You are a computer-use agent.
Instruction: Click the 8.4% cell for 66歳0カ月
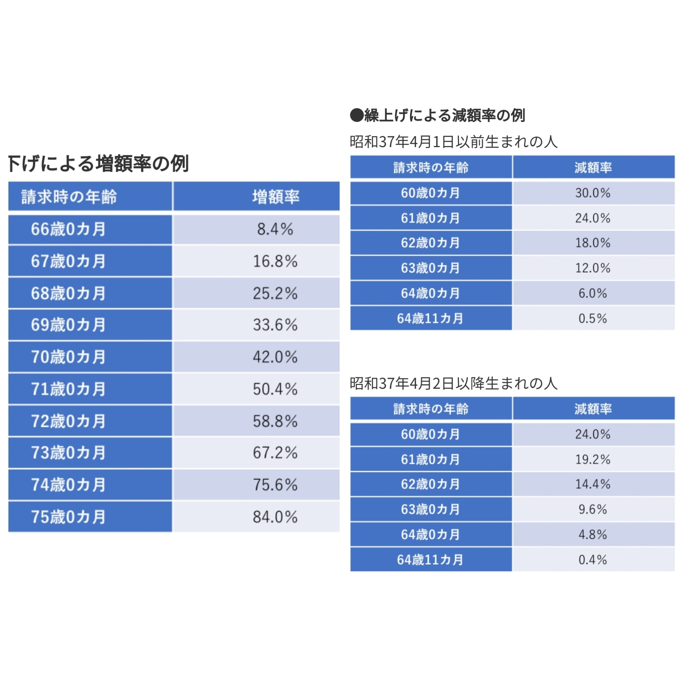pos(275,229)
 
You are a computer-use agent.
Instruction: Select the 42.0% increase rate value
pos(275,357)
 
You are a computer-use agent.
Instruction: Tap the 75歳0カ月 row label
pos(69,517)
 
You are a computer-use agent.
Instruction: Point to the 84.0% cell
pos(275,517)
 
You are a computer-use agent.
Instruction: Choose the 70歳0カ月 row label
pos(69,357)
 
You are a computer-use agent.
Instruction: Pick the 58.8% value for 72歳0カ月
pos(275,421)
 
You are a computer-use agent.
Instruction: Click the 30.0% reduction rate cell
pos(593,193)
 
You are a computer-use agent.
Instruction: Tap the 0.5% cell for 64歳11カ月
pos(593,318)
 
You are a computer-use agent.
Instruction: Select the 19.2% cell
pos(593,459)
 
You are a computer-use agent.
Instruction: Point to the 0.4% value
pos(593,560)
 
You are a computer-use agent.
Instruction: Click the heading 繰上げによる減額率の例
pos(437,115)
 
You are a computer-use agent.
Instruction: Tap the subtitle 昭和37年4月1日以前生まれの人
pos(453,142)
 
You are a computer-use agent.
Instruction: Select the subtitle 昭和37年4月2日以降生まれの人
pos(453,383)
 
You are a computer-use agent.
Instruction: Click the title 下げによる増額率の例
pos(98,164)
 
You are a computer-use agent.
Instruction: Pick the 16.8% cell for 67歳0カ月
pos(275,261)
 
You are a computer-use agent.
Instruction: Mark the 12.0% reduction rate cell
pos(593,268)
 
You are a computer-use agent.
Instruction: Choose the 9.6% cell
pos(593,509)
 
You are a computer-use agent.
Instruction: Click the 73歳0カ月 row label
pos(69,453)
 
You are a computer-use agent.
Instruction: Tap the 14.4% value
pos(593,484)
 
